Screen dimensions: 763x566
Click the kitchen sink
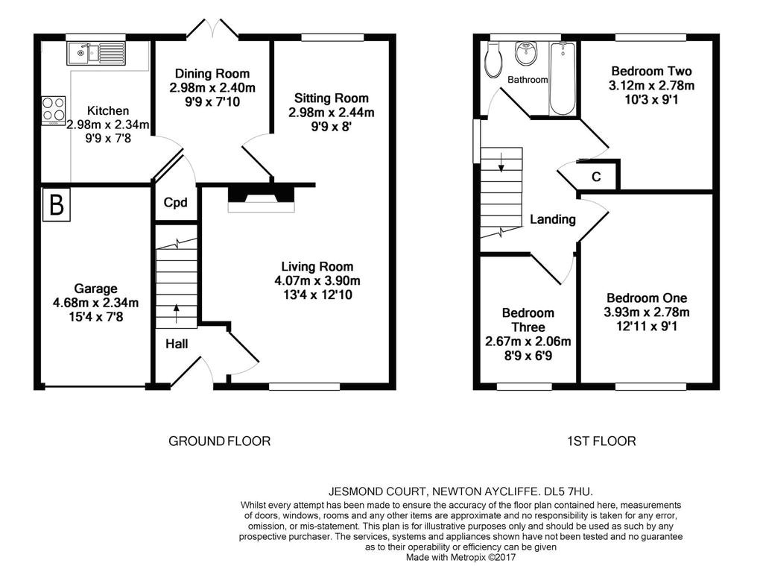point(96,53)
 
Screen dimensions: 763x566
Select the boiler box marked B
point(57,204)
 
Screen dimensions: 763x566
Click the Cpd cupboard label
point(176,203)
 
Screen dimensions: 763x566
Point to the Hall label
point(177,344)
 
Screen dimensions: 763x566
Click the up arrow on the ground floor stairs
point(176,314)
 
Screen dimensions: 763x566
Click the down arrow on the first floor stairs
point(501,162)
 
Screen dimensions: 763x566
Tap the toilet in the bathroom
point(493,60)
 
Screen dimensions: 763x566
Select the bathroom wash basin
point(527,53)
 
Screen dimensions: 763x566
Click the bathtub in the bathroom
point(563,79)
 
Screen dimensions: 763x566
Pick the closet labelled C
point(597,176)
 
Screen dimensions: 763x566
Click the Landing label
point(553,220)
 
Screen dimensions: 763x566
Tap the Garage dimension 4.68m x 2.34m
point(95,303)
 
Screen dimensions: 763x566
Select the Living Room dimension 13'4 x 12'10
point(317,295)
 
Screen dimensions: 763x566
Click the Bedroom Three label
point(528,320)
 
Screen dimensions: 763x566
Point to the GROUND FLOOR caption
point(220,441)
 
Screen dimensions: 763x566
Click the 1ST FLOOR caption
point(601,441)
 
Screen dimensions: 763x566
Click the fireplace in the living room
point(262,198)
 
